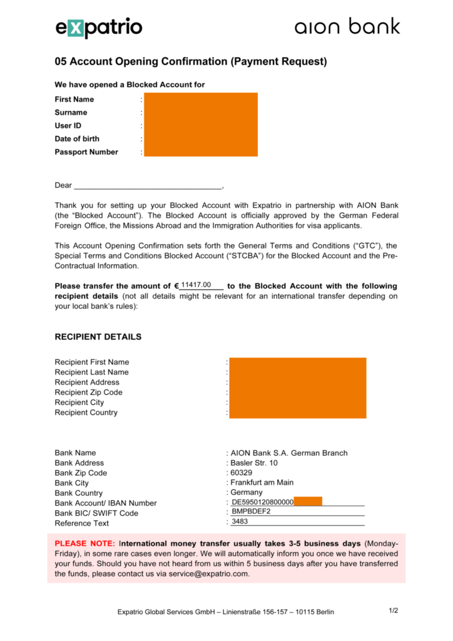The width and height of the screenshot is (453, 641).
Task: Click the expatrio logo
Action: click(x=99, y=28)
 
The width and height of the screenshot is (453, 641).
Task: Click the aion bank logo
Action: click(x=347, y=27)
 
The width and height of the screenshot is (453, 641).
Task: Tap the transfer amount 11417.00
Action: click(x=196, y=285)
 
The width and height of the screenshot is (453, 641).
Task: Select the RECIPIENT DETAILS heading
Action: click(x=98, y=337)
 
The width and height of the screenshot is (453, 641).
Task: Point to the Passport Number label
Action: click(x=86, y=152)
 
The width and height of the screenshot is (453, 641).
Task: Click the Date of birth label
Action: click(x=77, y=139)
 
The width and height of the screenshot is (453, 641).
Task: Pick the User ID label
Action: click(x=68, y=126)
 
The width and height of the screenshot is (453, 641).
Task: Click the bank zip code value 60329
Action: click(x=242, y=473)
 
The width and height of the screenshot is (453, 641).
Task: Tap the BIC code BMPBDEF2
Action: click(x=251, y=511)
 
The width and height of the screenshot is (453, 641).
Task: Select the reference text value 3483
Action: click(x=240, y=521)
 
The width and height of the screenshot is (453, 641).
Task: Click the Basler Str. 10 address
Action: click(x=254, y=463)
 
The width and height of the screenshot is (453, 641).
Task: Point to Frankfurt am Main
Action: click(x=262, y=483)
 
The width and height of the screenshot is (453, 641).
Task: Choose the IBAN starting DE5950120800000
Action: click(x=262, y=502)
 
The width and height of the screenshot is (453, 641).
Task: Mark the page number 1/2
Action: click(x=394, y=610)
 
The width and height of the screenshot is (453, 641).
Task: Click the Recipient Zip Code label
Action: click(x=89, y=392)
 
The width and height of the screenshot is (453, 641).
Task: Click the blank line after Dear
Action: click(x=148, y=186)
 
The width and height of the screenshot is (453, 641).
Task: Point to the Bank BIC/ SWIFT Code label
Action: click(x=96, y=513)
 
